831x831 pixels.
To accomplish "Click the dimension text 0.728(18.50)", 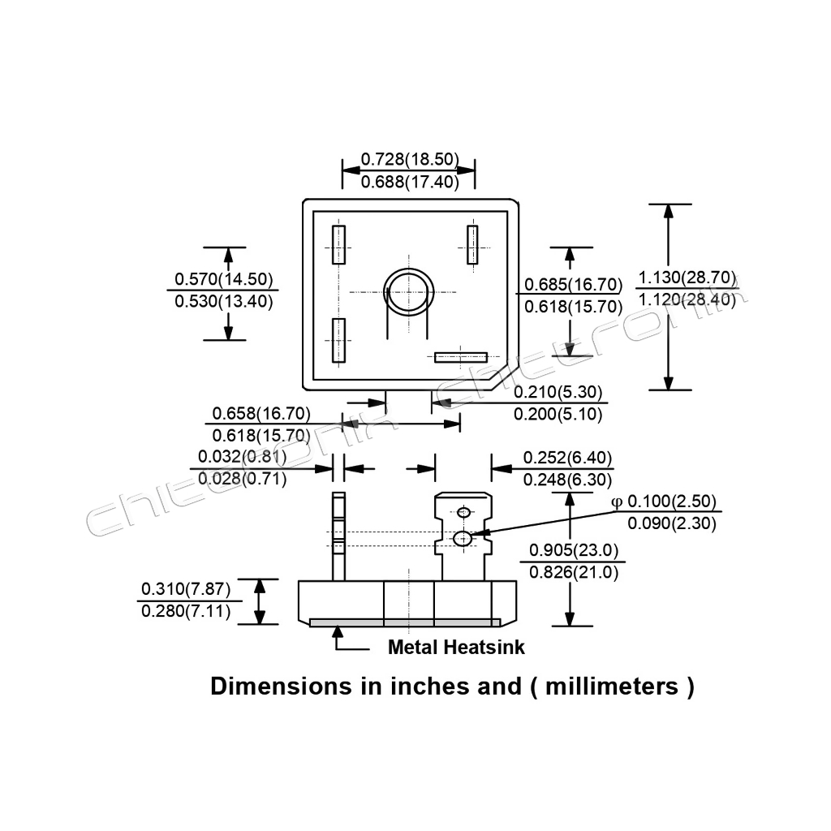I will (x=410, y=158).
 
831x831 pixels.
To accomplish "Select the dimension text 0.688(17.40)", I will (x=410, y=182).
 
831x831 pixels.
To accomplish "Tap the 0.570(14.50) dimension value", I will (x=223, y=279).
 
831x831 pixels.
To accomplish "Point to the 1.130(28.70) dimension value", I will (x=687, y=278).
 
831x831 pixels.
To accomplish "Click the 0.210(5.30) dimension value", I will (x=559, y=393).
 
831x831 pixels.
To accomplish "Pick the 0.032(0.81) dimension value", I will (x=242, y=456).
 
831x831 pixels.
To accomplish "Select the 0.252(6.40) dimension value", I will (x=567, y=457).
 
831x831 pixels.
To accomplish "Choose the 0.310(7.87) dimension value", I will (x=186, y=588).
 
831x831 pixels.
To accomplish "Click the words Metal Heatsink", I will (x=456, y=648).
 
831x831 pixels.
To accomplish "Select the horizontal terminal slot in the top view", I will (x=460, y=357).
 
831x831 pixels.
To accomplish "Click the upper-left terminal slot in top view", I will (x=338, y=244).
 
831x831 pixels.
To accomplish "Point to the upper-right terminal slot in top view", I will (x=472, y=244).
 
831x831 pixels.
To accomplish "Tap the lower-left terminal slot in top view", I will (x=338, y=341).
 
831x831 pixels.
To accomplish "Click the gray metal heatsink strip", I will (x=405, y=622).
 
